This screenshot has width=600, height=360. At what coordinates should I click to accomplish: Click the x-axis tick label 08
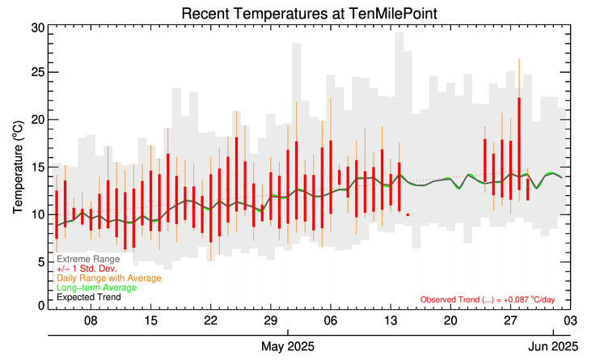(x=91, y=320)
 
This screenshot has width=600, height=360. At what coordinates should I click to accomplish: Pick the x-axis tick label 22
(x=210, y=320)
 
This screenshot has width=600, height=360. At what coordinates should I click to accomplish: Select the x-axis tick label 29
(x=270, y=320)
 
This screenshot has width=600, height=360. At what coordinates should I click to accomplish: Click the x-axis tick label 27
(x=510, y=320)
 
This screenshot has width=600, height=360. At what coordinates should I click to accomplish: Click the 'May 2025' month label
(x=288, y=347)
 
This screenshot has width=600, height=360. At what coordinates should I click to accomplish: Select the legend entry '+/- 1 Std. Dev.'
(x=87, y=269)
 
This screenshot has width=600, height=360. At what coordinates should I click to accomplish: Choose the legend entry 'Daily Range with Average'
(x=101, y=278)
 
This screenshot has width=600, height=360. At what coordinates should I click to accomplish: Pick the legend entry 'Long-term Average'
(x=95, y=287)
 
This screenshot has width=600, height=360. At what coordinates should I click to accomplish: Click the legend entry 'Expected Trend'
(x=88, y=297)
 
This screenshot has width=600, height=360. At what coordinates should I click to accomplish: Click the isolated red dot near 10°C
(x=408, y=215)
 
